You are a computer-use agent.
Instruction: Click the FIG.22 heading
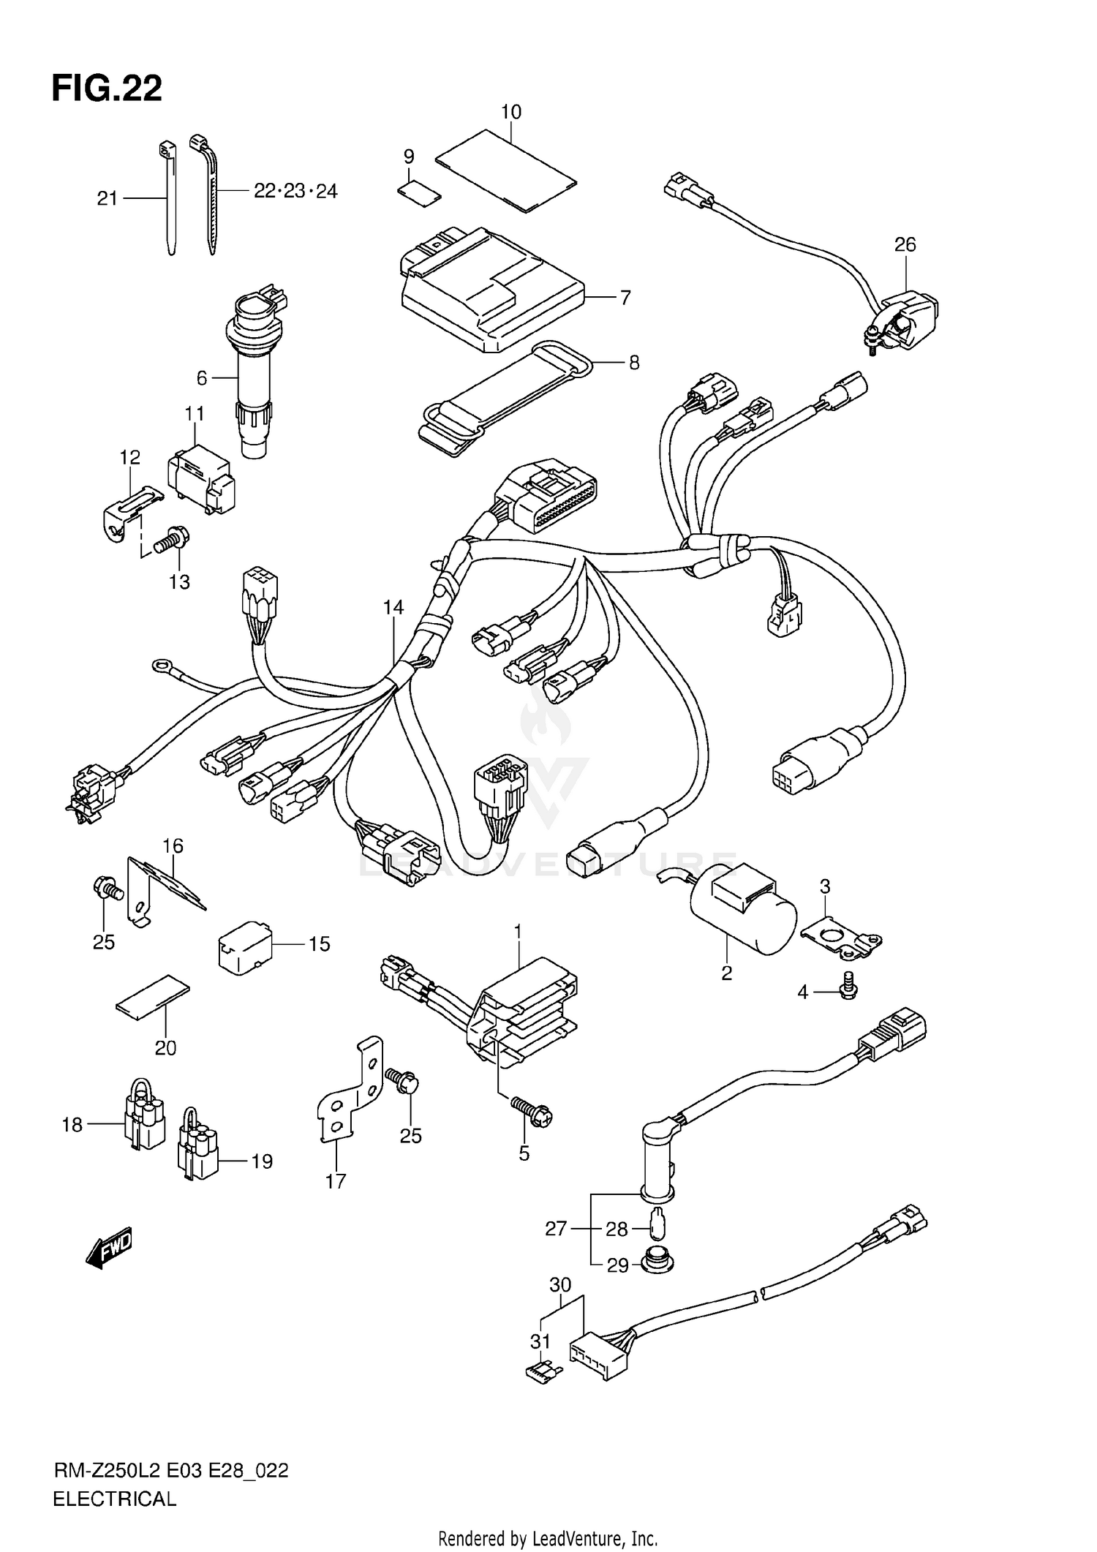(x=107, y=88)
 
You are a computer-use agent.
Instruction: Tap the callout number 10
(x=510, y=112)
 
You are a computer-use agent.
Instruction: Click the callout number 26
(x=905, y=244)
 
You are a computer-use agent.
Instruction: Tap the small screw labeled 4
(x=848, y=988)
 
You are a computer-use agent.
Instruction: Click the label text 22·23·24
(x=295, y=192)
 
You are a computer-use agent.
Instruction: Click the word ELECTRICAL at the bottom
(x=114, y=1499)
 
